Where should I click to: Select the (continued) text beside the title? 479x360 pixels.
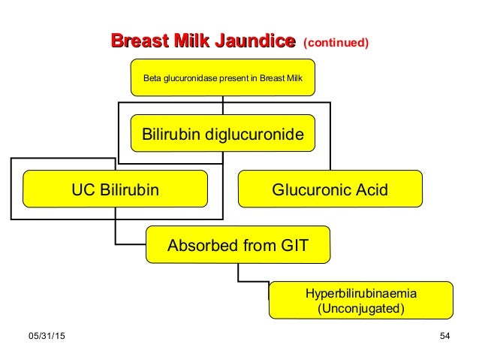click(x=335, y=44)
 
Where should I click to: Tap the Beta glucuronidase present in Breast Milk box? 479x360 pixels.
click(x=223, y=78)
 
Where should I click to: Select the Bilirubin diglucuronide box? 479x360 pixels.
click(x=223, y=135)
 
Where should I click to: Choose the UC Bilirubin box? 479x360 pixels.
click(x=115, y=189)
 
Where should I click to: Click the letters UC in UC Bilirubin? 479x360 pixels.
click(x=81, y=189)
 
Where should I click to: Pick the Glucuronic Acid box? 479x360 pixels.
click(x=330, y=189)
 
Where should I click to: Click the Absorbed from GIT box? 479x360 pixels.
click(x=237, y=244)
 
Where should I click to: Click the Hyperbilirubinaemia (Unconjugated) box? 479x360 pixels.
click(x=361, y=301)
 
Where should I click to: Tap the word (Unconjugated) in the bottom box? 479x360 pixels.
click(x=361, y=308)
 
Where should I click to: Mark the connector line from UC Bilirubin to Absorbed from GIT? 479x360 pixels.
click(x=116, y=233)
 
